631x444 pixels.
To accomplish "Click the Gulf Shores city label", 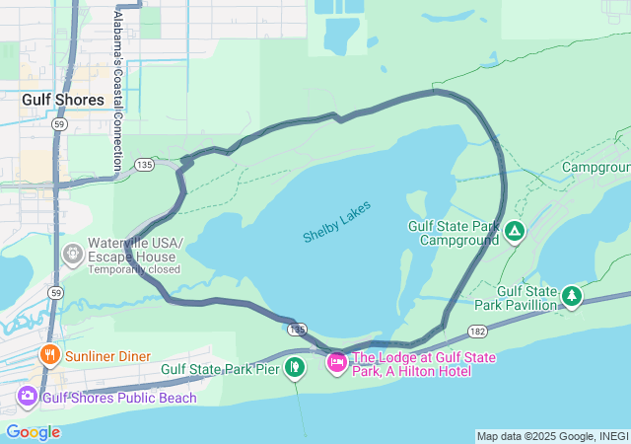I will tap(63, 100).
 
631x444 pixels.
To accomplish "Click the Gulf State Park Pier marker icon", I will tap(293, 367).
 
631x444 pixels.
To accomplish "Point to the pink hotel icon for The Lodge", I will tap(337, 364).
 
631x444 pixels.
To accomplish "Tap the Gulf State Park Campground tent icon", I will tap(514, 232).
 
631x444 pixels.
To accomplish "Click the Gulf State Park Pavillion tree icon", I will tap(571, 296).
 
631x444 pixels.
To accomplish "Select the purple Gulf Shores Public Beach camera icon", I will tap(28, 398).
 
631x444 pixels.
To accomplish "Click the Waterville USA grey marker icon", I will tap(73, 255).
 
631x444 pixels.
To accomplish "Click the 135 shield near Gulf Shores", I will tap(144, 164).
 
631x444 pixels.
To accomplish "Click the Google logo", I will tap(33, 432).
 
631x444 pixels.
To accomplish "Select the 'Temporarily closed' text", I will tap(134, 268).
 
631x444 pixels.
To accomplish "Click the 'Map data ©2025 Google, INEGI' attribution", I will tap(552, 436).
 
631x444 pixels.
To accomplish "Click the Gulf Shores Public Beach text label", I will tap(119, 398).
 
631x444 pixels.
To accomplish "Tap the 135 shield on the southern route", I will tap(298, 328).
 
